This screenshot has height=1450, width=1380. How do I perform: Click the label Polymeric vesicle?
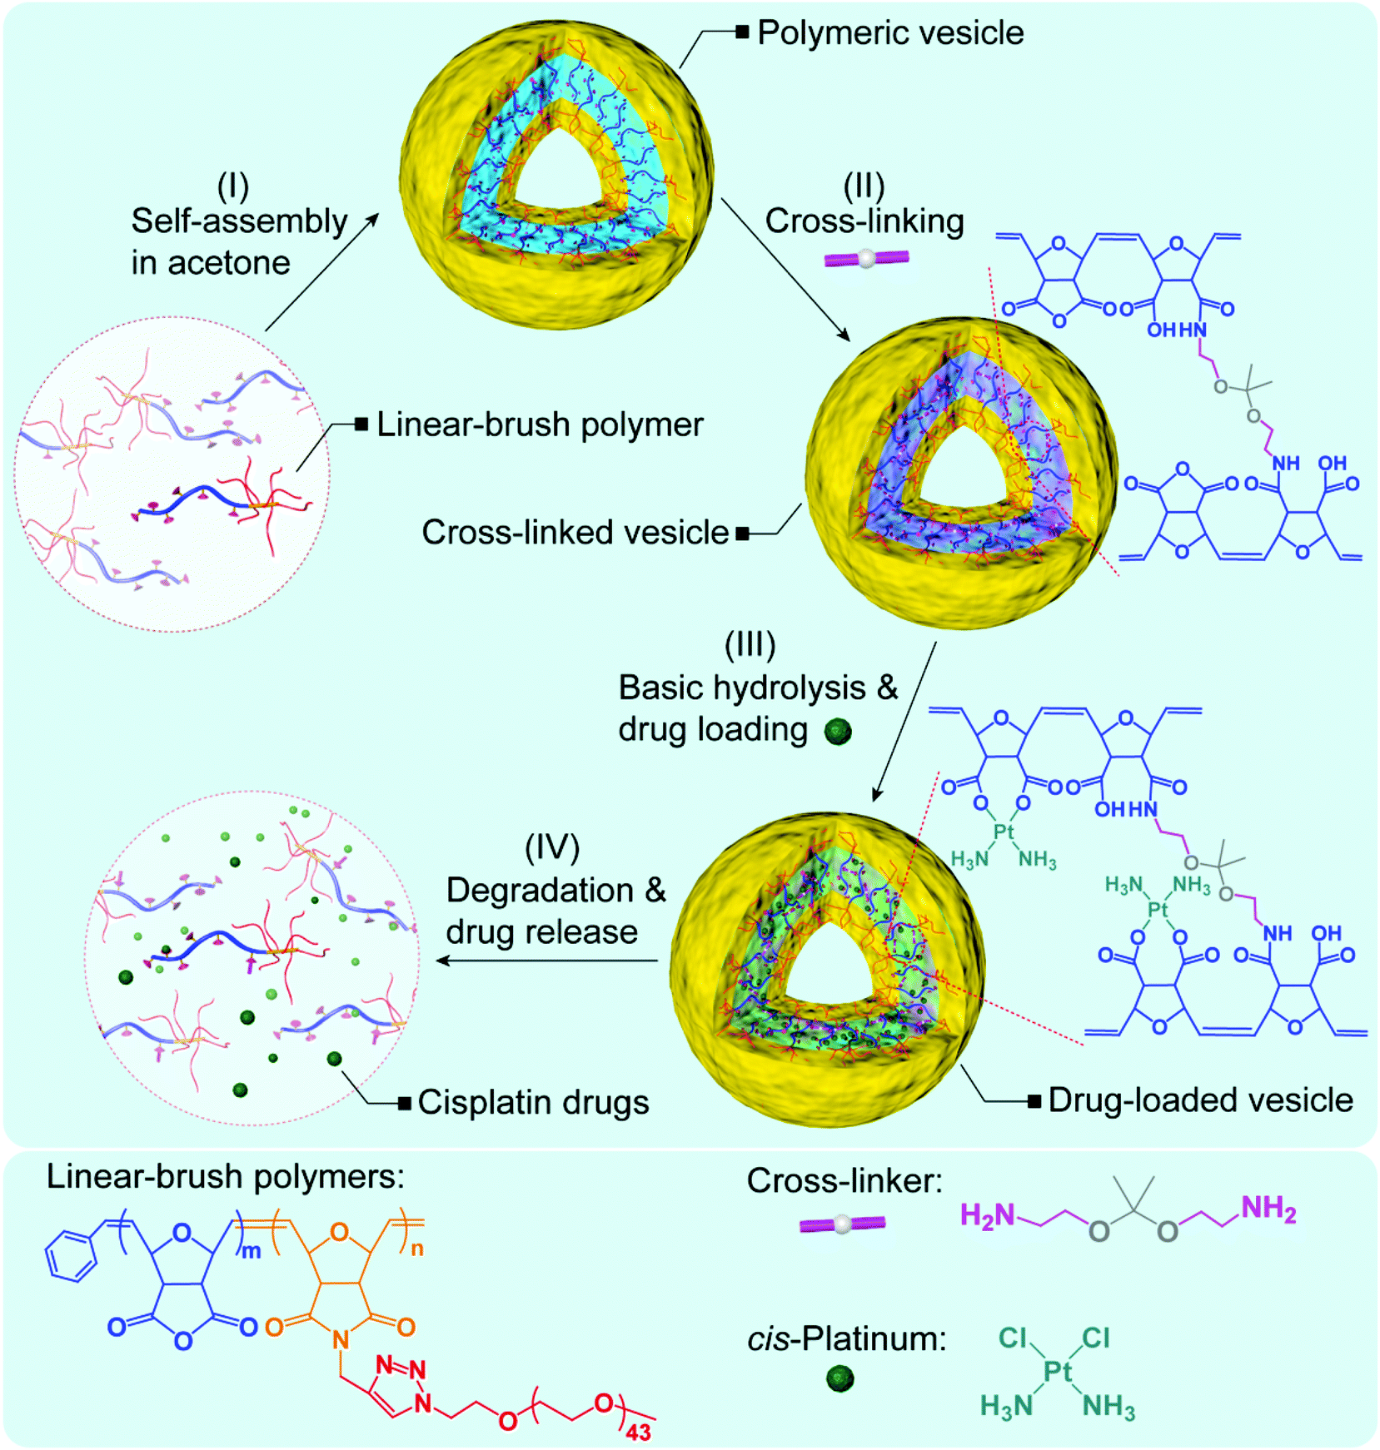point(889,33)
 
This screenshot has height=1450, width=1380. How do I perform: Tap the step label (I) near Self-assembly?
point(233,186)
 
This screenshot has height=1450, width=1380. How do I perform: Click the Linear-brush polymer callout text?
point(540,425)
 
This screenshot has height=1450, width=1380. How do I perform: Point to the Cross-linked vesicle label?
point(575,533)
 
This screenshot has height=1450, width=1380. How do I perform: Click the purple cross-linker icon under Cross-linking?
point(866,259)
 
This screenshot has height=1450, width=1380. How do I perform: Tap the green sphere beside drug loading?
point(838,732)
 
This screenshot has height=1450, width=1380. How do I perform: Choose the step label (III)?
point(750,644)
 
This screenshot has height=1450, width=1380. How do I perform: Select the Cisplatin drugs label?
point(533,1102)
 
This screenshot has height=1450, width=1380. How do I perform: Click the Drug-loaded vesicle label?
point(1200,1100)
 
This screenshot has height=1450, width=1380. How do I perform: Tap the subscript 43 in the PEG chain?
point(638,1432)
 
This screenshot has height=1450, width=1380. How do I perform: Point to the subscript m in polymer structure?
point(251,1251)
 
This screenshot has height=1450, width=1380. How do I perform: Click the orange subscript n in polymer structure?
point(416,1249)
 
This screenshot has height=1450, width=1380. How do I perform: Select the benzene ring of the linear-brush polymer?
point(72,1257)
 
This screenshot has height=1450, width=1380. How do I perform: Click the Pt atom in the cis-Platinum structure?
point(1057,1371)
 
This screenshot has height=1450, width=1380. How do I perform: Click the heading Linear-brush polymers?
point(225,1177)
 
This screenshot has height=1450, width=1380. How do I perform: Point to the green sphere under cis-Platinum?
point(840,1378)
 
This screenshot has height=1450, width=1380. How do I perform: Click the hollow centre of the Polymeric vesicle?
point(556,175)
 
